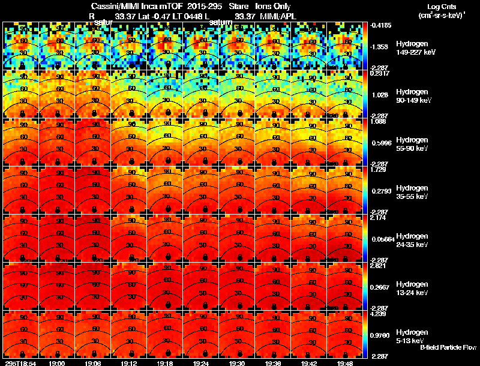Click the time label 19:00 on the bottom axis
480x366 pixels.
coord(57,363)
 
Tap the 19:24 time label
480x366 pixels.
coord(201,363)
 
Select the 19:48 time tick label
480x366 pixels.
coord(345,363)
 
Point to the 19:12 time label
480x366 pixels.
coord(129,363)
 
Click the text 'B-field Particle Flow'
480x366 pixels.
coord(448,347)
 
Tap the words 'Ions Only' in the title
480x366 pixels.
coord(273,7)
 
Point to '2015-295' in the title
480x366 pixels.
coord(209,7)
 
